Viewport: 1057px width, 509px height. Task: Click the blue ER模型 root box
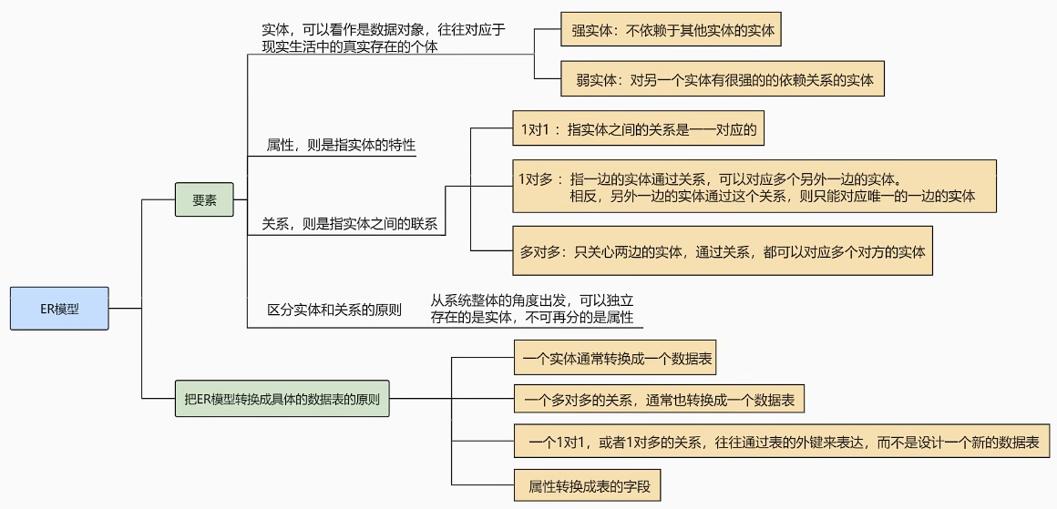[59, 309]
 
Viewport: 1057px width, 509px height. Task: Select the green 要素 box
[204, 200]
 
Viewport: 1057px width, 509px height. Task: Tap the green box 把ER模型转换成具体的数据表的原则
[282, 399]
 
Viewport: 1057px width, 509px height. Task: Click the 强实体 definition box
[672, 30]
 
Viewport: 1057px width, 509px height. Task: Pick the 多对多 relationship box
[723, 251]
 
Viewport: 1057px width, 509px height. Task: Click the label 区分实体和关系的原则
[334, 310]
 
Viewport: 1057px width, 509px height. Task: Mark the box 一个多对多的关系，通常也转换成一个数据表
[659, 399]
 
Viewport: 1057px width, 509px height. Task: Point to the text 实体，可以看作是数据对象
[383, 29]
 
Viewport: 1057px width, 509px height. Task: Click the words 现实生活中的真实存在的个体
[349, 46]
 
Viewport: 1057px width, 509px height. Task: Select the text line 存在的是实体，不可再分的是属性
[532, 317]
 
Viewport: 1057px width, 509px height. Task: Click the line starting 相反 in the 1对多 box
[772, 196]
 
